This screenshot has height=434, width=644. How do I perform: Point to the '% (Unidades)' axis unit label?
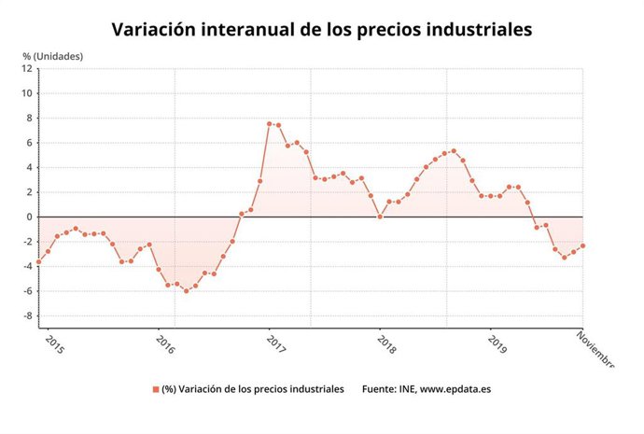tap(53, 56)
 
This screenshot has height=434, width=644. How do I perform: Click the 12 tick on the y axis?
tap(27, 69)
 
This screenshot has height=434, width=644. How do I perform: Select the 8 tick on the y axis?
tap(29, 118)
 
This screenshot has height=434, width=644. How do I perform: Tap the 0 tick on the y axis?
tap(29, 217)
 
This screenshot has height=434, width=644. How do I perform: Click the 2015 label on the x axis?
tap(53, 343)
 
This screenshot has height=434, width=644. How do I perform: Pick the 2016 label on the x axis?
tap(163, 343)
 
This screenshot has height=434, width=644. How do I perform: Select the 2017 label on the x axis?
tap(274, 343)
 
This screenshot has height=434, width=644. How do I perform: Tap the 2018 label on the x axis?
tap(385, 343)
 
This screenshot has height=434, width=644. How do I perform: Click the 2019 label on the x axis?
tap(496, 343)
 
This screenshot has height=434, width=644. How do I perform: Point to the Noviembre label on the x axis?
tap(595, 348)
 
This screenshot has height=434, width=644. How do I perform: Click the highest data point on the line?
tap(269, 124)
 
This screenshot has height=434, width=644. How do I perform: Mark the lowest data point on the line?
tap(187, 291)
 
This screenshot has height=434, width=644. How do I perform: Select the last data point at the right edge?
tap(582, 246)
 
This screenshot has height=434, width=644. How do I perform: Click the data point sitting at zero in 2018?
tap(380, 217)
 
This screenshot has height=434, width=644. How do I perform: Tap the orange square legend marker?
tap(155, 389)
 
